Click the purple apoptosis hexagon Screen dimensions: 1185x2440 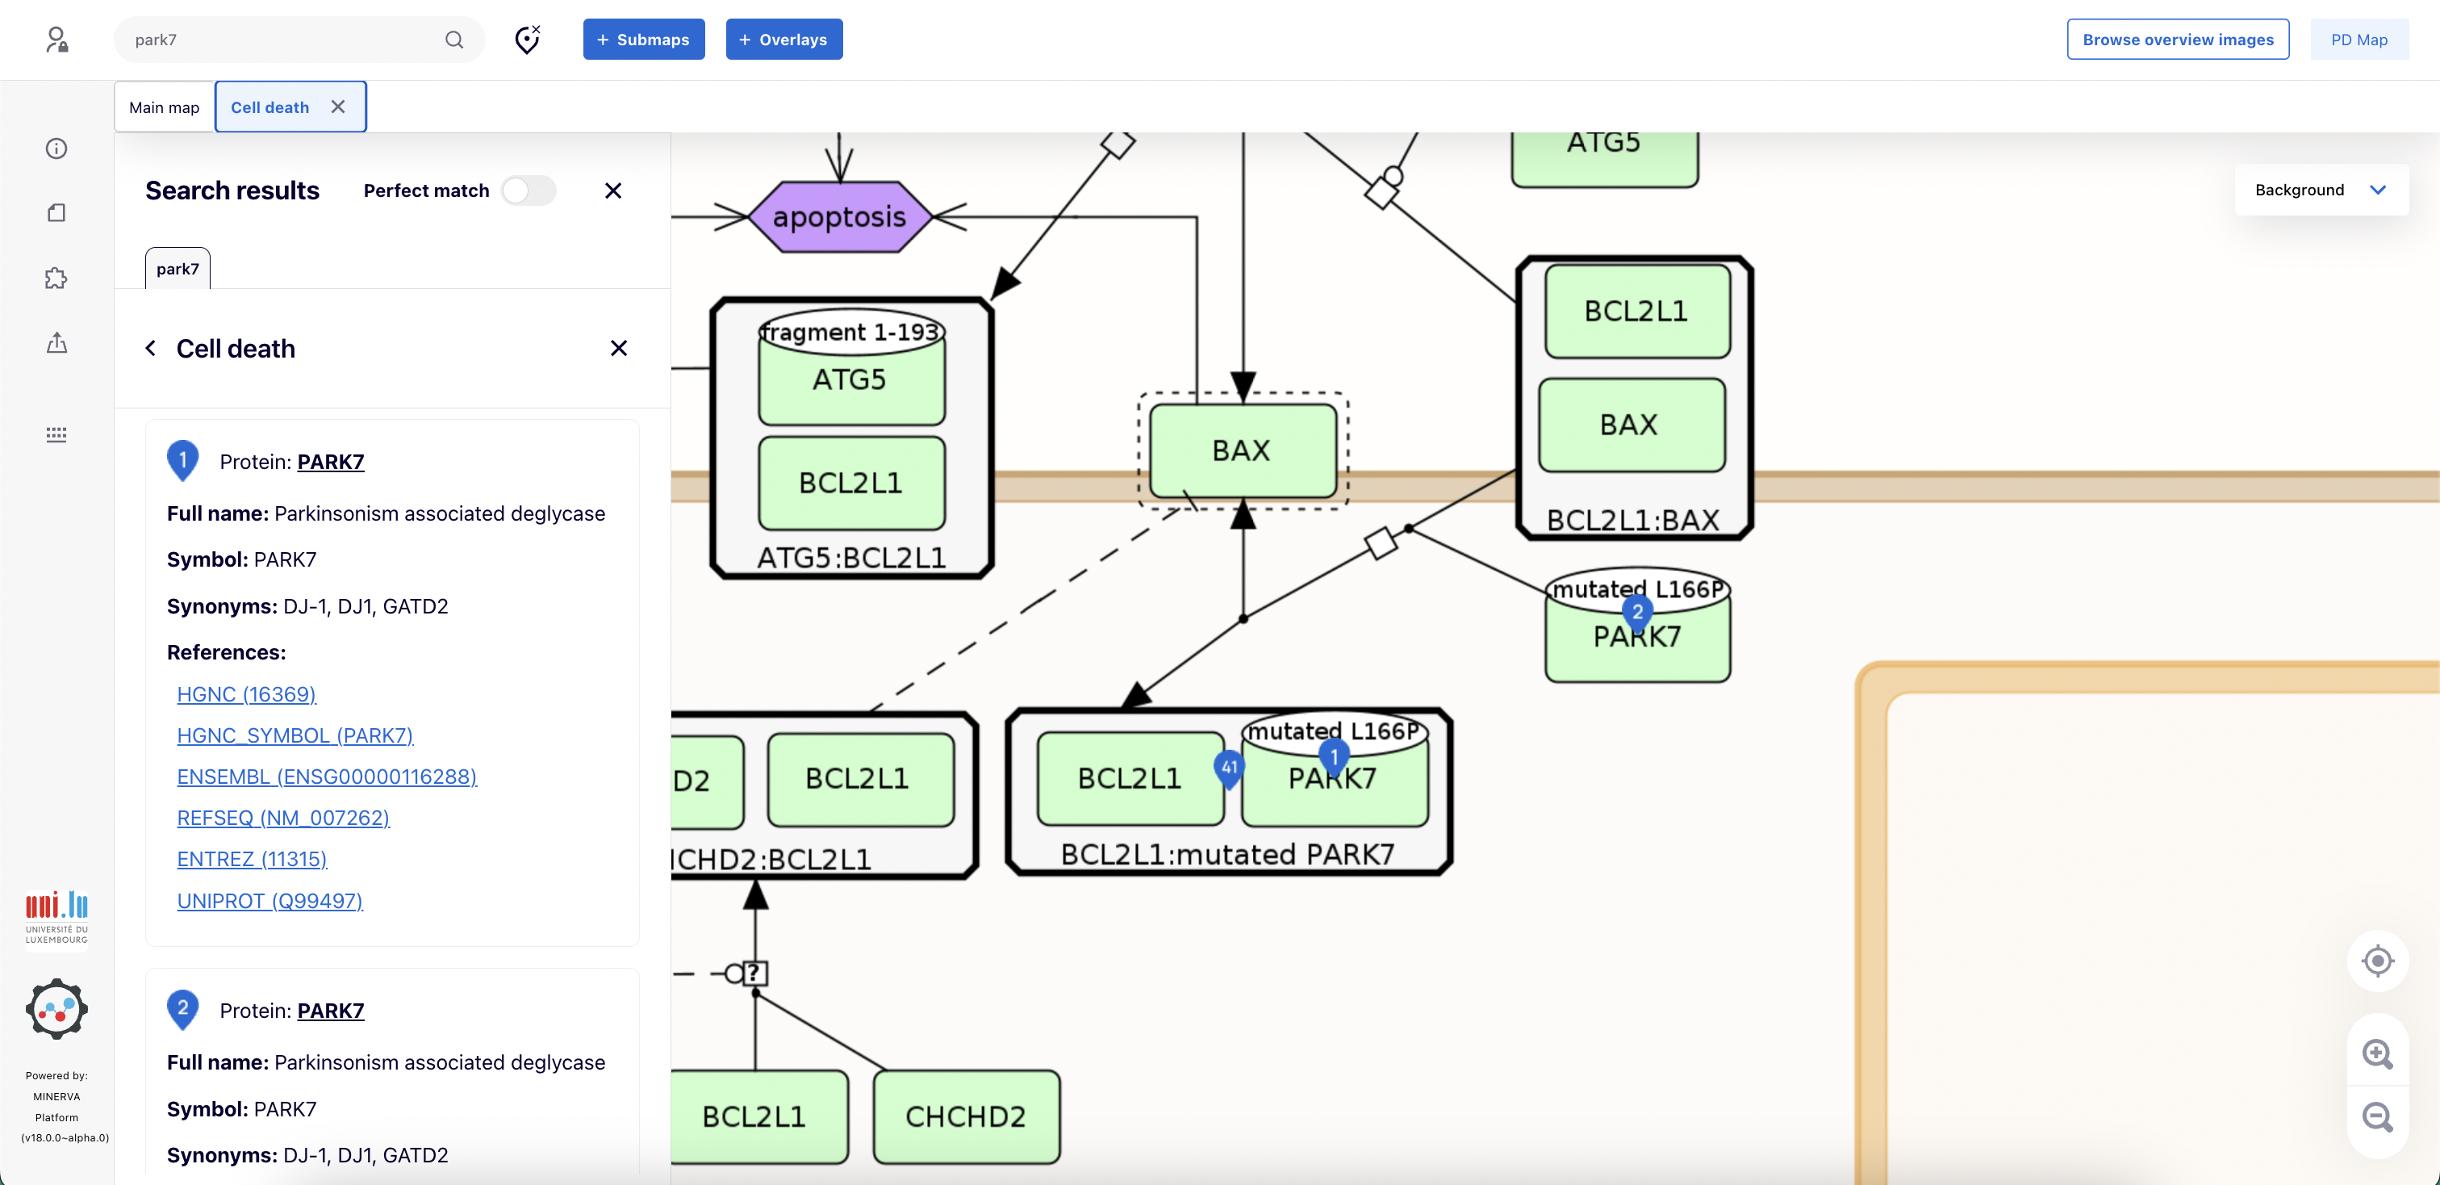pos(839,217)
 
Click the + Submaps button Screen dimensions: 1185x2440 pos(643,40)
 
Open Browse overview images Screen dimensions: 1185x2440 pos(2177,40)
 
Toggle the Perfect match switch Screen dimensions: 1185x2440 pos(529,191)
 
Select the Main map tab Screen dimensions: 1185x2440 pos(164,107)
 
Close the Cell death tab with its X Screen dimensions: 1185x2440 pos(338,107)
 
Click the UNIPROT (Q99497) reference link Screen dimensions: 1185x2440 pos(270,900)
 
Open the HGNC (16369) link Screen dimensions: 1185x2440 pos(246,693)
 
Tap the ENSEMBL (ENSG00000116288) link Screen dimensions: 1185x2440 pos(327,776)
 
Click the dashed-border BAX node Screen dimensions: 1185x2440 pos(1242,451)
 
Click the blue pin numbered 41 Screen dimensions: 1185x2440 pos(1229,768)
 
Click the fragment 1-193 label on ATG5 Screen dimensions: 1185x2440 pos(850,333)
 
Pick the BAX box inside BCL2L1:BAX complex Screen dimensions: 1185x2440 pos(1630,425)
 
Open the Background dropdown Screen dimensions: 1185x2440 pos(2320,190)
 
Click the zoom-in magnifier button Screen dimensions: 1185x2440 pos(2376,1053)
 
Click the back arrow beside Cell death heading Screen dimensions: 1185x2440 pos(151,349)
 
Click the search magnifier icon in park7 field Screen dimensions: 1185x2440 pos(454,40)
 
